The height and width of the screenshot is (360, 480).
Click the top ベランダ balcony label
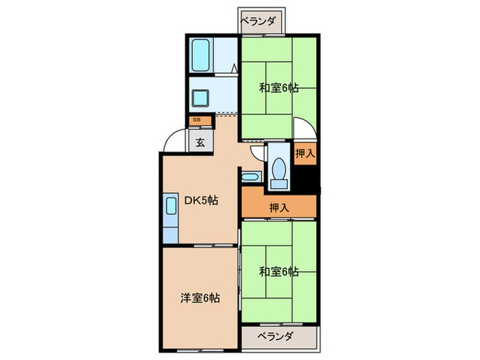pyautogui.click(x=259, y=21)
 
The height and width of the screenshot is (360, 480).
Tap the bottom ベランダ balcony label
pyautogui.click(x=276, y=337)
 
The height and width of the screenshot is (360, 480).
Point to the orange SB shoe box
pyautogui.click(x=196, y=120)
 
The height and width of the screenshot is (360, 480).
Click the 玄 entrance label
pyautogui.click(x=200, y=143)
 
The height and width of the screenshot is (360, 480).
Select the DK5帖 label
pyautogui.click(x=200, y=201)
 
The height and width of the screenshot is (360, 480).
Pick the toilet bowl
pyautogui.click(x=279, y=171)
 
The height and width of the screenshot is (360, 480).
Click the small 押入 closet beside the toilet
pyautogui.click(x=305, y=154)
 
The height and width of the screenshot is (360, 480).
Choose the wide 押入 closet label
pyautogui.click(x=278, y=206)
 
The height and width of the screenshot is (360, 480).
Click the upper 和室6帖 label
pyautogui.click(x=278, y=87)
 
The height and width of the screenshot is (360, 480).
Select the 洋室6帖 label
pyautogui.click(x=200, y=298)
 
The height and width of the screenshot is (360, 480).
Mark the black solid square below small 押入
pyautogui.click(x=306, y=178)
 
